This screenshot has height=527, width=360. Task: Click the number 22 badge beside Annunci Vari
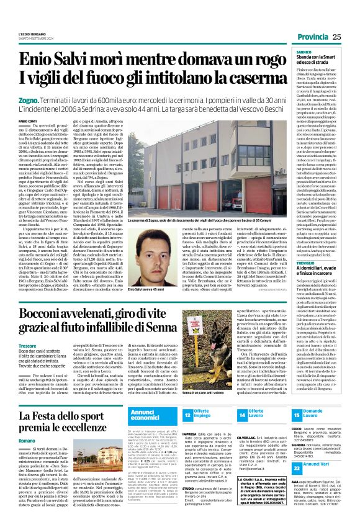295,482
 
